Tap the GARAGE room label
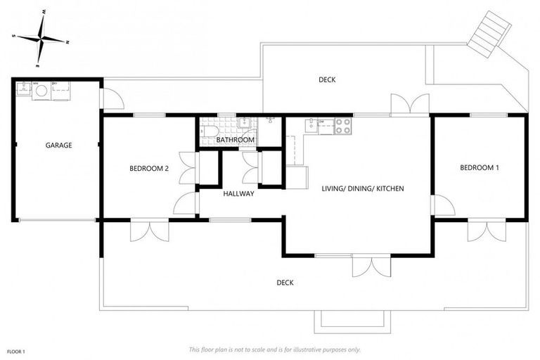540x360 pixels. (x=59, y=146)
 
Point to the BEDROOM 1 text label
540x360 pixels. (x=480, y=167)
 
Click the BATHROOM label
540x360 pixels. (x=235, y=140)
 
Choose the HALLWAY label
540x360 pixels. (x=238, y=193)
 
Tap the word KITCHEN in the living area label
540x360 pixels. (x=389, y=188)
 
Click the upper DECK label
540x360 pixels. (x=327, y=79)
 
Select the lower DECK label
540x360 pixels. (x=285, y=283)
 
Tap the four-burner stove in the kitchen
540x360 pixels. (x=342, y=126)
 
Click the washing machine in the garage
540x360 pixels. (x=41, y=91)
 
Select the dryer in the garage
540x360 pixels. (x=60, y=91)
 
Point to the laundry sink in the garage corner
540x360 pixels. (x=24, y=89)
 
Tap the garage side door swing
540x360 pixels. (x=112, y=100)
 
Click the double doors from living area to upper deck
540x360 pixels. (x=410, y=104)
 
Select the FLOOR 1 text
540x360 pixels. (x=16, y=350)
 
